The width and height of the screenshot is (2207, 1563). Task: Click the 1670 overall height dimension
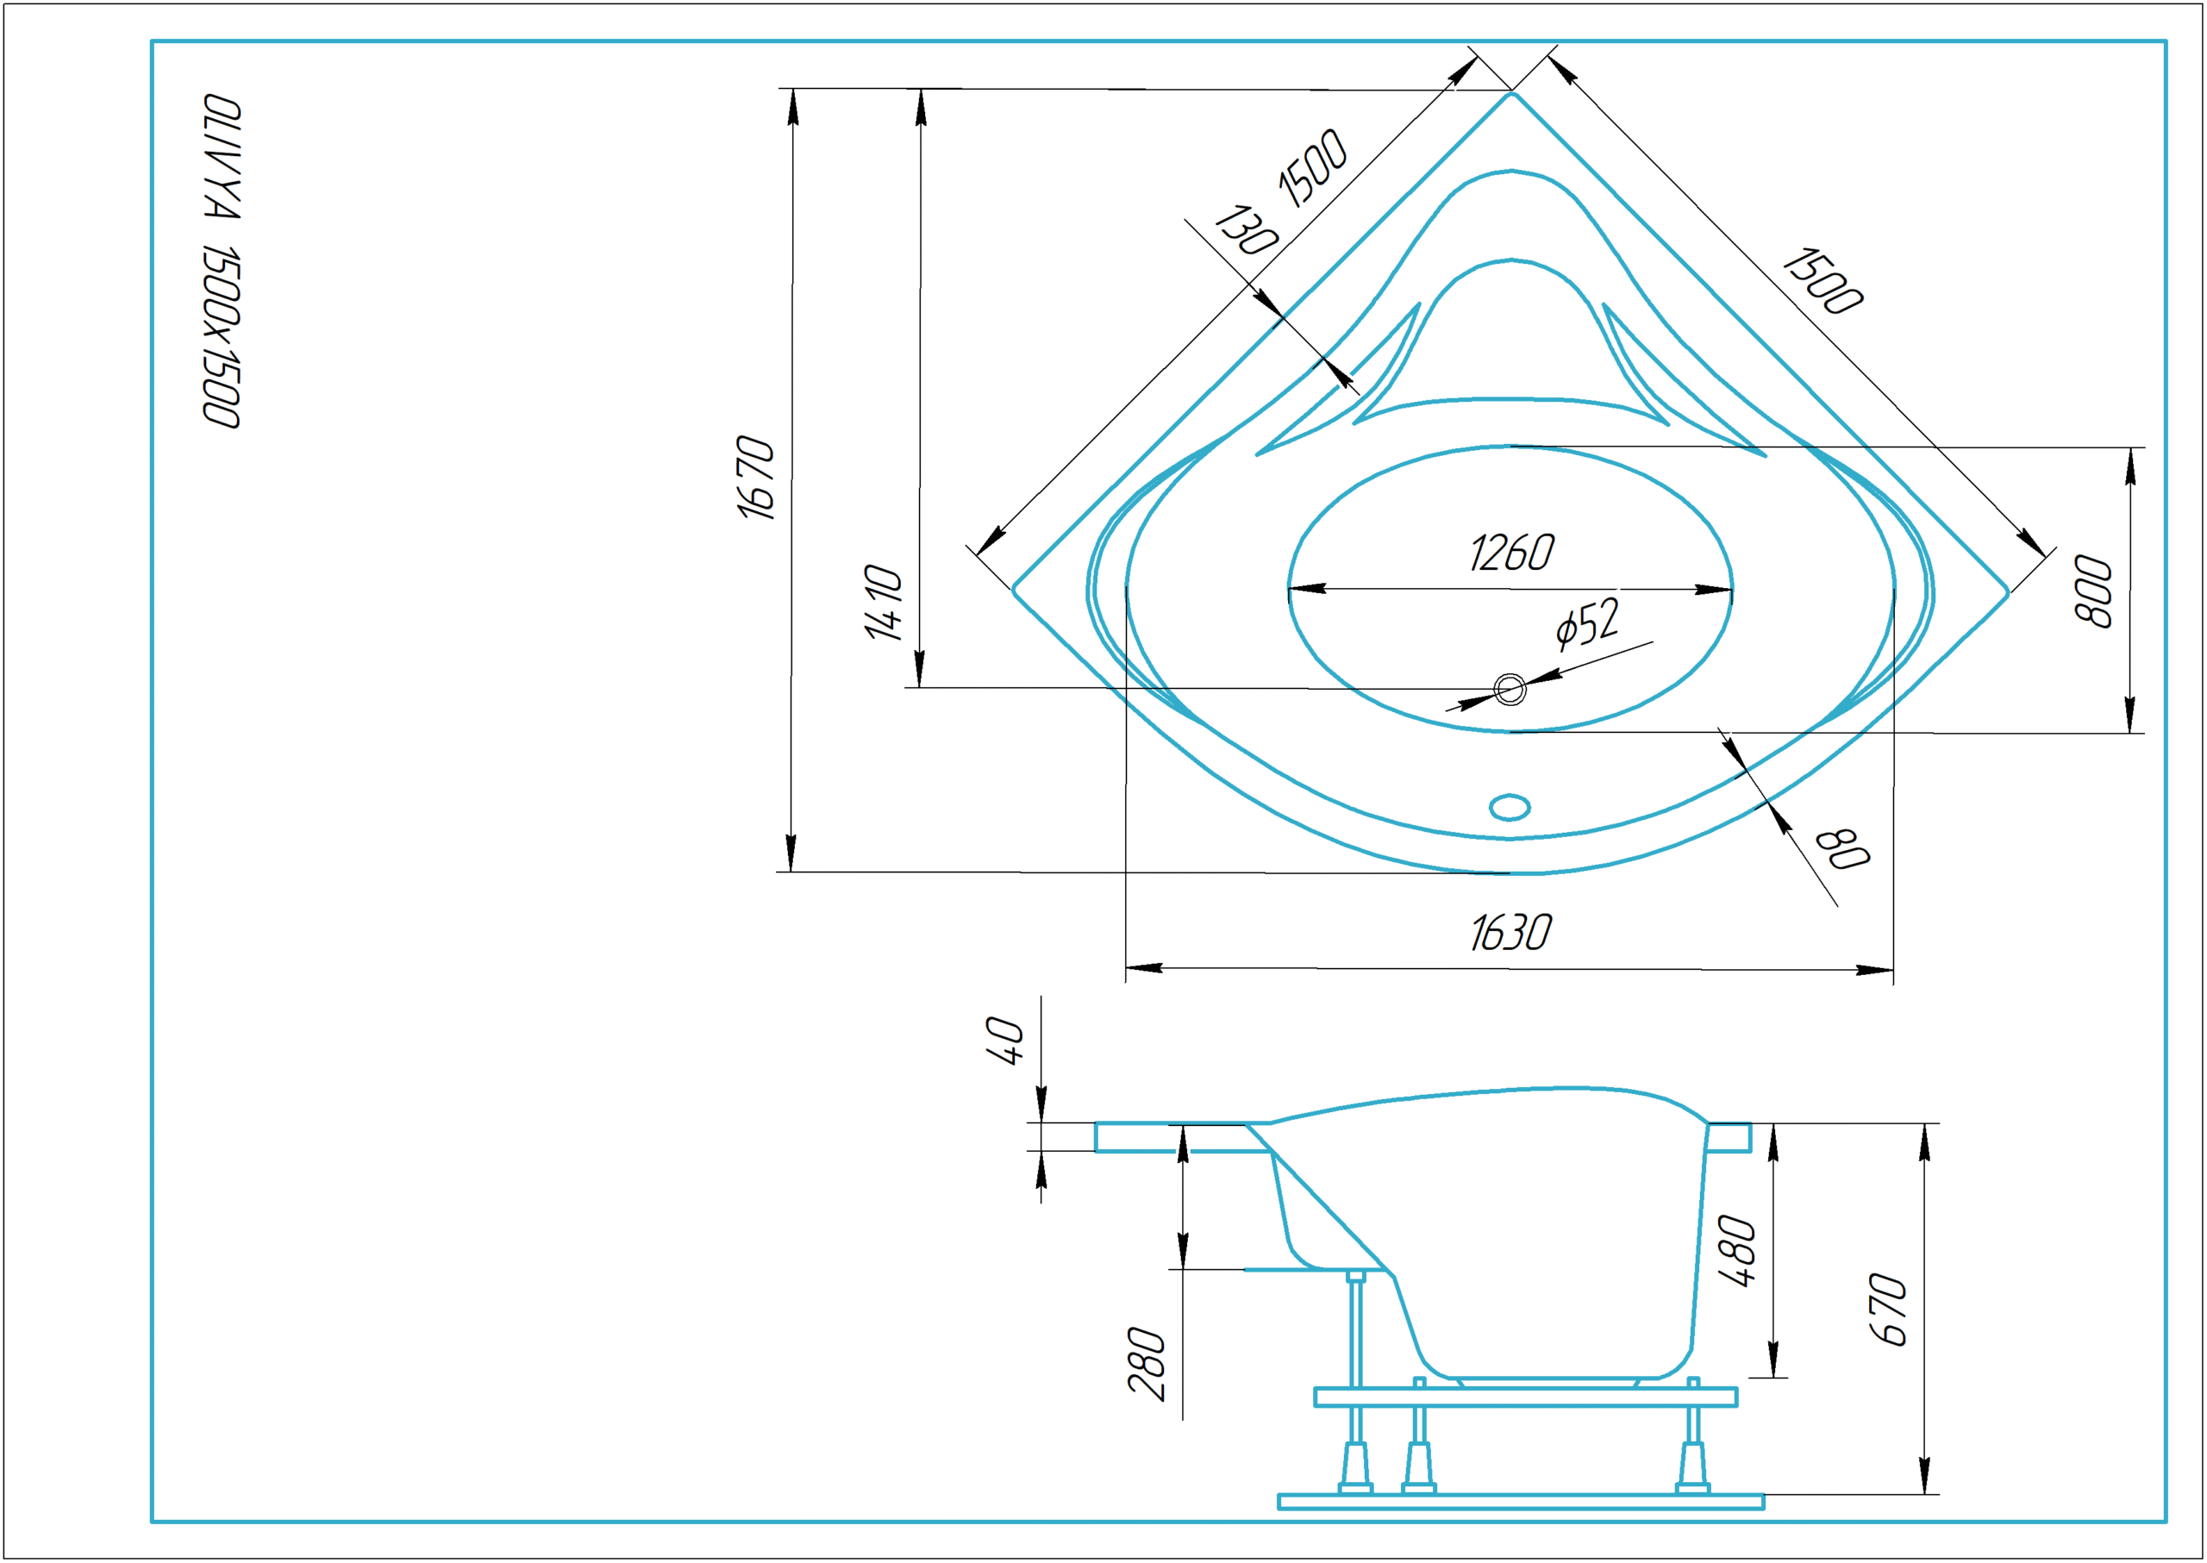click(x=755, y=478)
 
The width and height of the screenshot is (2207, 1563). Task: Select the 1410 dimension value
click(x=884, y=603)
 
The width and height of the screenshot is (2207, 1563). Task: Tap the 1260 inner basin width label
click(x=1511, y=553)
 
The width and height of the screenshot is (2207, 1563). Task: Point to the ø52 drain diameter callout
click(x=1588, y=622)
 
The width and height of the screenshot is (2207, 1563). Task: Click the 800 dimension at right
click(x=2093, y=591)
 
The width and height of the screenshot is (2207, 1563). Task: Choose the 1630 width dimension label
click(x=1511, y=933)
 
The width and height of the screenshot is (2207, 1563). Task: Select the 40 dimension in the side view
click(x=1005, y=1041)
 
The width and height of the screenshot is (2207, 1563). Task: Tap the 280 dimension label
click(x=1147, y=1363)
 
